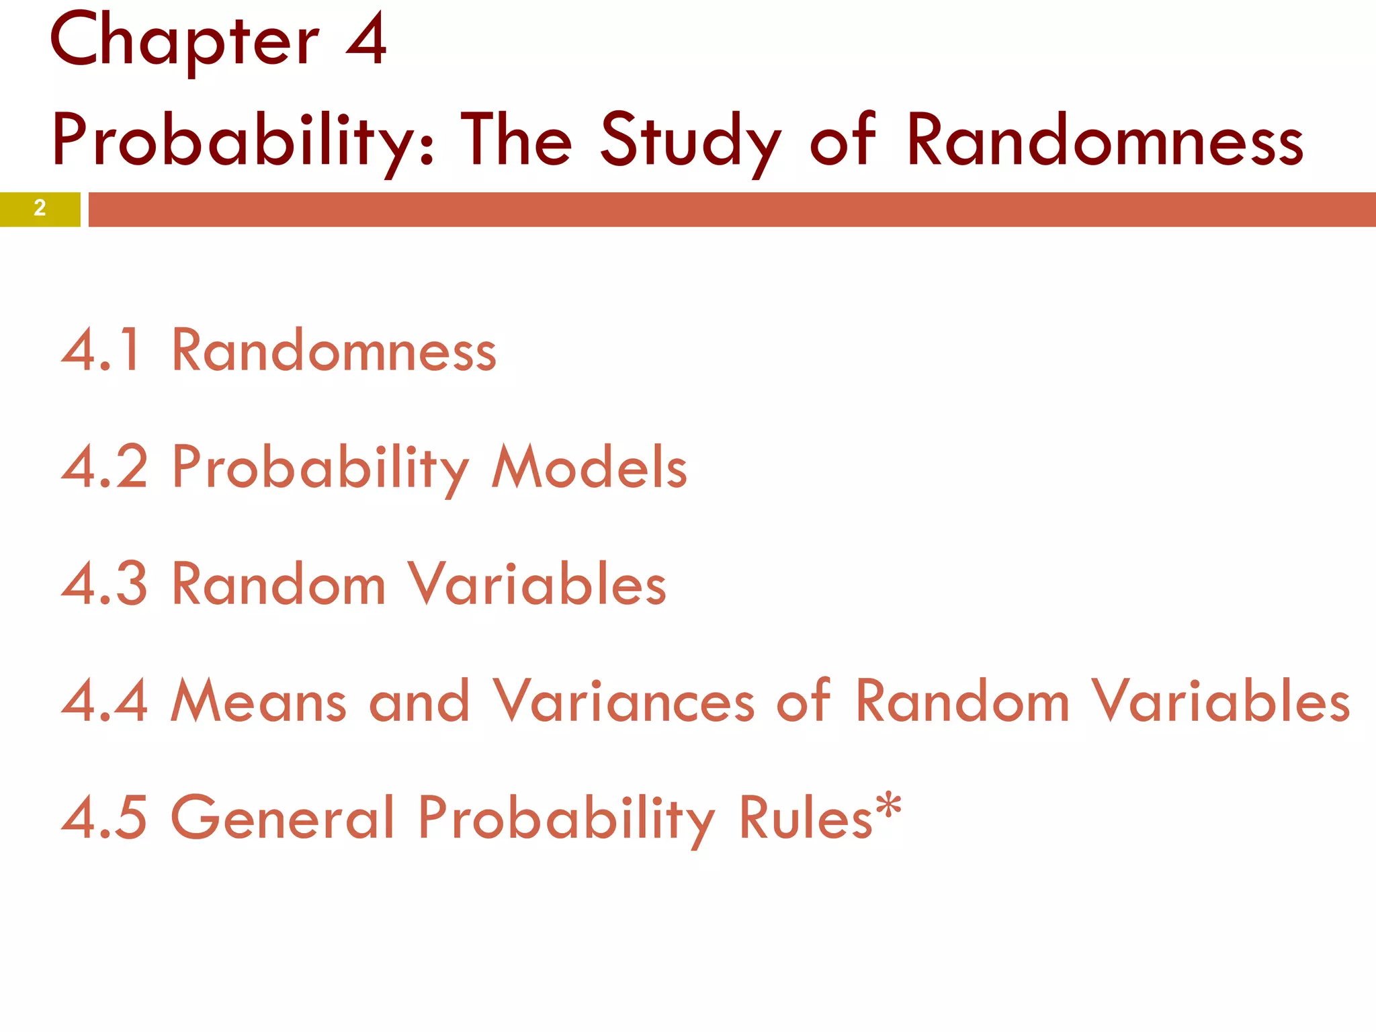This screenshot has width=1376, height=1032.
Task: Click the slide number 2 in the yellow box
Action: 40,208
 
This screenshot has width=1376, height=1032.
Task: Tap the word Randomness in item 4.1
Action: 334,350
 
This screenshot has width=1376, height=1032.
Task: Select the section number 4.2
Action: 104,466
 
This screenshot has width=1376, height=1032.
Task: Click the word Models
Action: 589,466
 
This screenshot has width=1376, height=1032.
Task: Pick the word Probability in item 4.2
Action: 320,468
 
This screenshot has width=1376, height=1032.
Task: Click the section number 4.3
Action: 104,583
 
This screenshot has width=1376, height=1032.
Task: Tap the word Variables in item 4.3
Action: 537,583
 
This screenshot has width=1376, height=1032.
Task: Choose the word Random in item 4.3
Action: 279,583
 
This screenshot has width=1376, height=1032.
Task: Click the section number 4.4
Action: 104,701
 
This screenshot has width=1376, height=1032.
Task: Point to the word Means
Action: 259,701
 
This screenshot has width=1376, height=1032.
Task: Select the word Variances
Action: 624,701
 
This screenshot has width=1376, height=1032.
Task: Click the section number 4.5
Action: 104,817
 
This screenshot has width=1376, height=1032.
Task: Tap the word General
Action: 283,817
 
